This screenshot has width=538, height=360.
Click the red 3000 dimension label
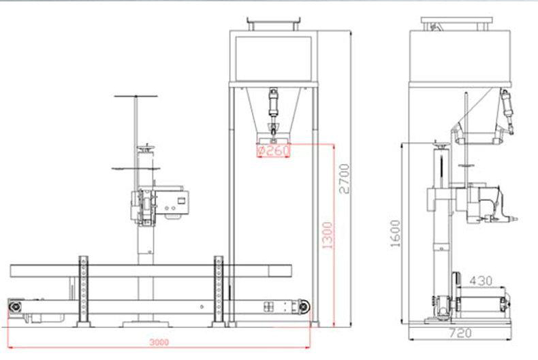[159, 342]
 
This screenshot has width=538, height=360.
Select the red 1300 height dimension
[328, 235]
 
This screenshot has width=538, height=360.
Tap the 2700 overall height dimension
[344, 178]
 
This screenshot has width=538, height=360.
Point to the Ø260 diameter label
[274, 150]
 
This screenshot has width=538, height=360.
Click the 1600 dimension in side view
[395, 233]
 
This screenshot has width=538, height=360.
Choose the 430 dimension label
[481, 281]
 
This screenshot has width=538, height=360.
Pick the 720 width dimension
[460, 333]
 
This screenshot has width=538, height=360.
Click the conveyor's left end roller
[14, 306]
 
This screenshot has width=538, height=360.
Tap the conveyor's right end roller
[304, 306]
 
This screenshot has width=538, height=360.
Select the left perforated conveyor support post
[83, 291]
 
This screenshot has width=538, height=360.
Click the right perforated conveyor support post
[219, 291]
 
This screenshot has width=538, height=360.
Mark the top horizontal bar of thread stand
[136, 96]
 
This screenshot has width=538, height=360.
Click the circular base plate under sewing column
[146, 324]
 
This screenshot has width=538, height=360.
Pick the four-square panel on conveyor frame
[268, 306]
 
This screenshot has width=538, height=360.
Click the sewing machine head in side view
[486, 204]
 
